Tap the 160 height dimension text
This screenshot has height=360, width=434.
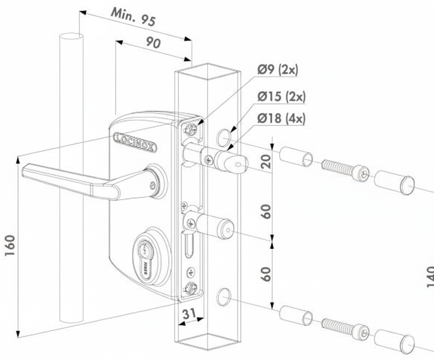[x=10, y=245]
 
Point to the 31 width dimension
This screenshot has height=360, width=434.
[x=188, y=314]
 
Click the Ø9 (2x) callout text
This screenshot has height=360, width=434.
[x=278, y=69]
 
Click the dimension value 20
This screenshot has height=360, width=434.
[x=266, y=159]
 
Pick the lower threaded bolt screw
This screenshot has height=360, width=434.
[x=345, y=328]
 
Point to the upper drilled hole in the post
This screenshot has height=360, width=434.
[x=223, y=137]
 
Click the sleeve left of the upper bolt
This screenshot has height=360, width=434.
[x=296, y=156]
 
